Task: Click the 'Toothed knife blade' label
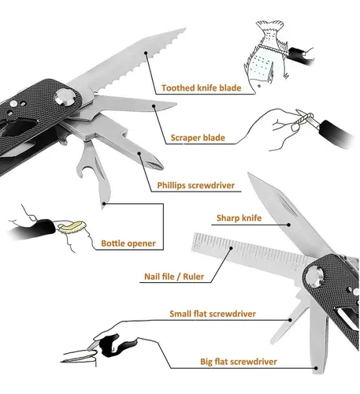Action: pyautogui.click(x=201, y=87)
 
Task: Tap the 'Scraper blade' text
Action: pyautogui.click(x=198, y=138)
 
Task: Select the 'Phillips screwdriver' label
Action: pyautogui.click(x=195, y=185)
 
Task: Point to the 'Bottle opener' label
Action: pyautogui.click(x=128, y=243)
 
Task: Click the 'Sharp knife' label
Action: pyautogui.click(x=239, y=218)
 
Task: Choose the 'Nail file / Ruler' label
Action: pyautogui.click(x=174, y=277)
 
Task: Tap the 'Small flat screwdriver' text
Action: pyautogui.click(x=213, y=314)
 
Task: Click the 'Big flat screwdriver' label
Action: pyautogui.click(x=239, y=362)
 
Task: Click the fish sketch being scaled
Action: pyautogui.click(x=265, y=54)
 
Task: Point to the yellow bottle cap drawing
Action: pyautogui.click(x=72, y=227)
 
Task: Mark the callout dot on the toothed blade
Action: pyautogui.click(x=146, y=53)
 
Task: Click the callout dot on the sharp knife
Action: pyautogui.click(x=288, y=225)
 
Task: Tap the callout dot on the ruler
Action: pyautogui.click(x=231, y=247)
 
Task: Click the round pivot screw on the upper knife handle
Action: pyautogui.click(x=65, y=97)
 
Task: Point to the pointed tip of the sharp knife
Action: pyautogui.click(x=248, y=173)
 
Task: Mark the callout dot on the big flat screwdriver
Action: pyautogui.click(x=317, y=368)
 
